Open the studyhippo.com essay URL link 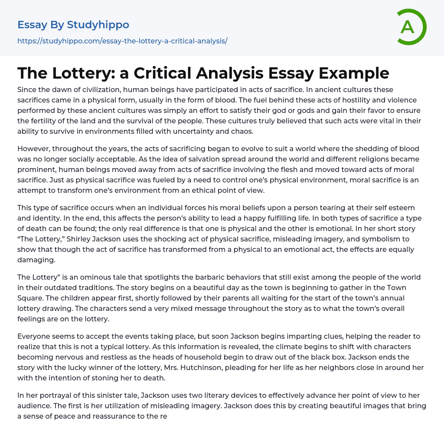pos(122,41)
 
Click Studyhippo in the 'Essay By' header pos(98,25)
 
